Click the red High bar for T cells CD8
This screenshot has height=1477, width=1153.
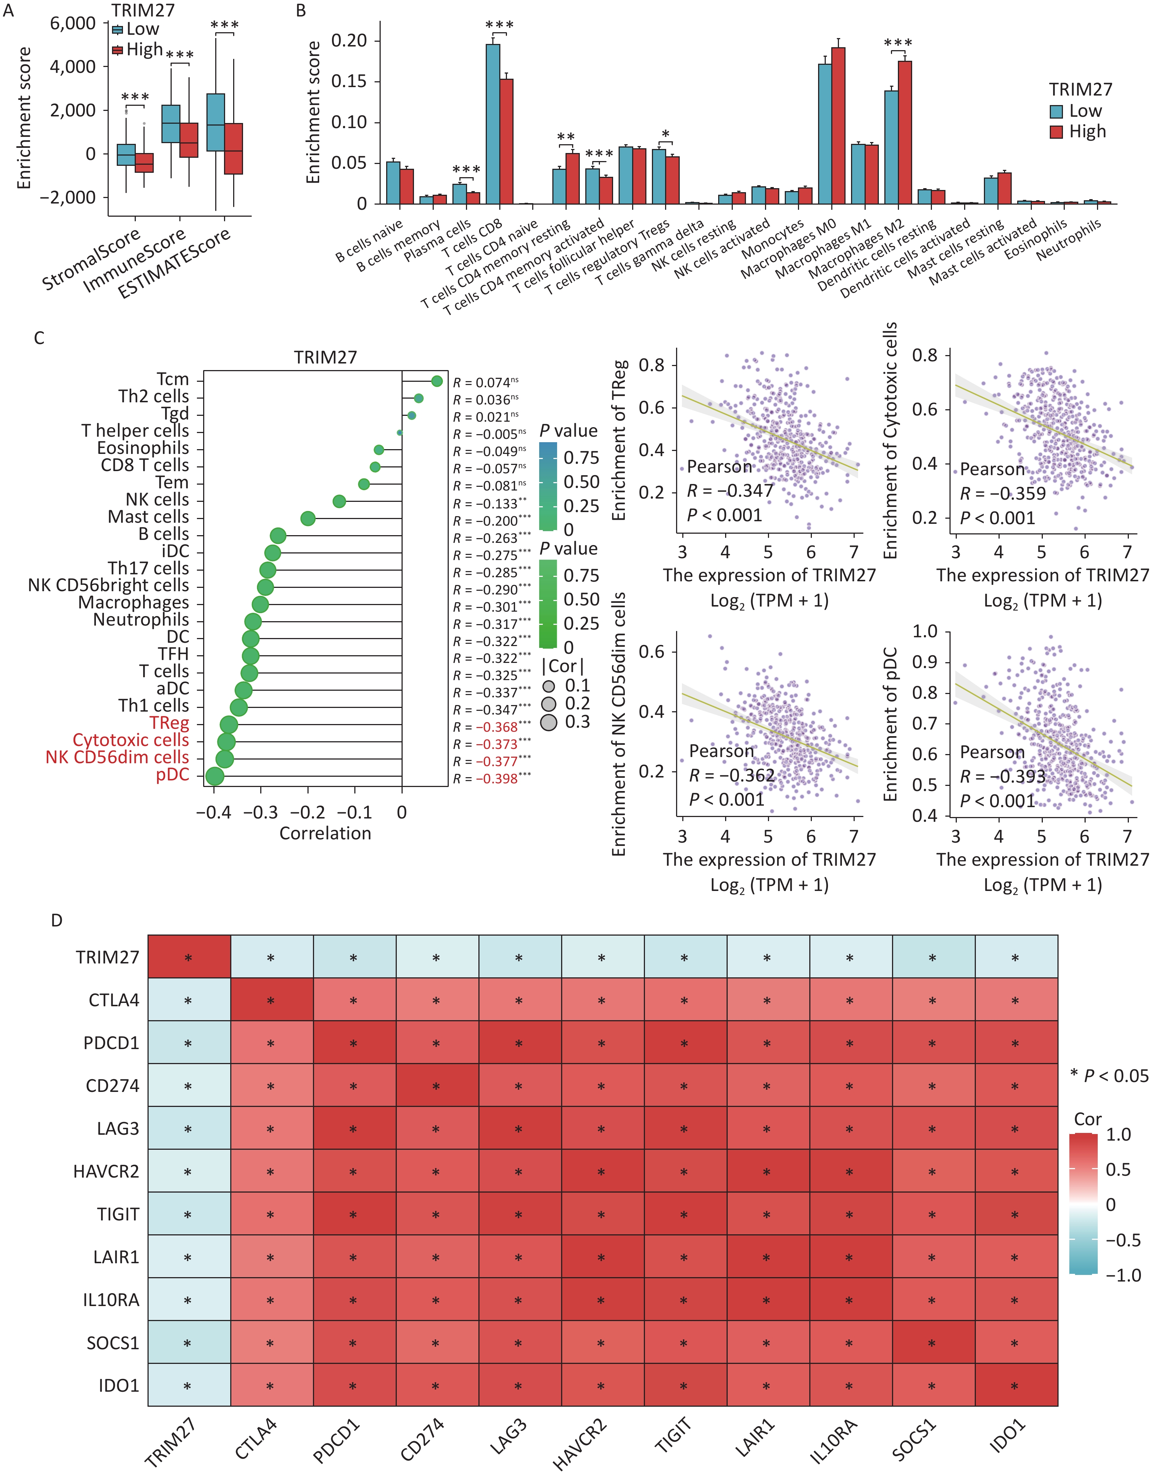506,142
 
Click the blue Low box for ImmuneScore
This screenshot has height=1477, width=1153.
171,124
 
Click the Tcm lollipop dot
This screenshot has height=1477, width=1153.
437,381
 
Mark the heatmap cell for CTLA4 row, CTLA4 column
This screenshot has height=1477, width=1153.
271,1000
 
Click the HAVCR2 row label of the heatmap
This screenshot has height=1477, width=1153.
106,1171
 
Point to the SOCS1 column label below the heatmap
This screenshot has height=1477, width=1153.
914,1440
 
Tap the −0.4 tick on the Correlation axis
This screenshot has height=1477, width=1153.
214,812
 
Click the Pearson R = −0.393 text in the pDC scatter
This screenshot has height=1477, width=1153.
1002,776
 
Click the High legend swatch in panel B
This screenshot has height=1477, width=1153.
1056,132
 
